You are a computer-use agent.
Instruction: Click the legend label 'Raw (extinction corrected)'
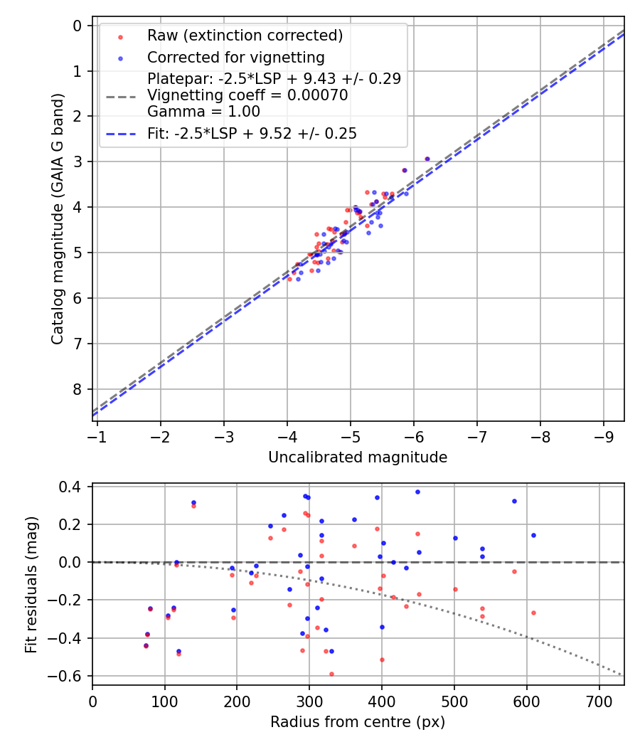click(x=245, y=36)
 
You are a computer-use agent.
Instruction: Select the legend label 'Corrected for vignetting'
click(x=235, y=58)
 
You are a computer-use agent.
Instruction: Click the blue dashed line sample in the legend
click(x=121, y=134)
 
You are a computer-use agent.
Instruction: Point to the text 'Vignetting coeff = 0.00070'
click(x=247, y=95)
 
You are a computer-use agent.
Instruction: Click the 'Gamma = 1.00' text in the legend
click(x=203, y=111)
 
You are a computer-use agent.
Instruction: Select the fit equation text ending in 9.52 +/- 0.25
click(x=252, y=134)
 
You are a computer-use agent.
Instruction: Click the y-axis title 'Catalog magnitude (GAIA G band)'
click(x=58, y=219)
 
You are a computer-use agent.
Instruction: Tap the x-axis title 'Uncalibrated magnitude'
click(x=358, y=457)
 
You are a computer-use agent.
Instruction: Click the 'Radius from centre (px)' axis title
click(x=358, y=722)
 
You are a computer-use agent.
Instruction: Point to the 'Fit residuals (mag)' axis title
click(x=31, y=585)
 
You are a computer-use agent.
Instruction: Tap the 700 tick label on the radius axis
click(x=599, y=701)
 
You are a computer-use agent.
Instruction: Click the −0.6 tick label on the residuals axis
click(x=70, y=676)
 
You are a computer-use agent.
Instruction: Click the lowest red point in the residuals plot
click(x=331, y=674)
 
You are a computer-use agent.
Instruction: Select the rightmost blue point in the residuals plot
click(x=533, y=535)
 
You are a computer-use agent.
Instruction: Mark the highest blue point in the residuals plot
click(x=417, y=492)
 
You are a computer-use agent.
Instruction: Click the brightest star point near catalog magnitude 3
click(x=427, y=159)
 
